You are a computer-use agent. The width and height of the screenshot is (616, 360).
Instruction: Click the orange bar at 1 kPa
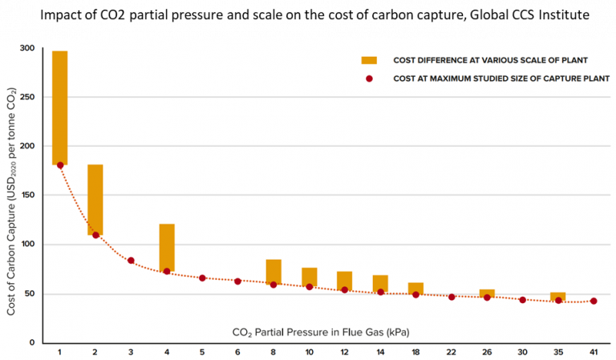pyautogui.click(x=60, y=107)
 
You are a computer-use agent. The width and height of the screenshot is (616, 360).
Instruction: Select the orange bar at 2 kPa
pyautogui.click(x=95, y=199)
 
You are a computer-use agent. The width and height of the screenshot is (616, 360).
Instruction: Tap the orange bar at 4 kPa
pyautogui.click(x=167, y=247)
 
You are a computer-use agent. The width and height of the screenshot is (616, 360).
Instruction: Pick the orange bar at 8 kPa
pyautogui.click(x=274, y=271)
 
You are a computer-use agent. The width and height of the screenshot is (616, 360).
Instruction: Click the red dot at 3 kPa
pyautogui.click(x=131, y=261)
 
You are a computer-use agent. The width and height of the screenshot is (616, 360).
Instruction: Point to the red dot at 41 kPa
pyautogui.click(x=594, y=301)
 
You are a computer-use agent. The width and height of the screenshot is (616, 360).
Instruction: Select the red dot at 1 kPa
pyautogui.click(x=60, y=165)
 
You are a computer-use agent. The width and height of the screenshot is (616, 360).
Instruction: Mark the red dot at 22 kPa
pyautogui.click(x=452, y=297)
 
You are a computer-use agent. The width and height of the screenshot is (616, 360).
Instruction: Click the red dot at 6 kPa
pyautogui.click(x=237, y=281)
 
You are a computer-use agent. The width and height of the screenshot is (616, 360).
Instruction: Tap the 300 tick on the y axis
pyautogui.click(x=28, y=48)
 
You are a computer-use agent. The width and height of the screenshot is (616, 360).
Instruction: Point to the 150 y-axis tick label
pyautogui.click(x=28, y=195)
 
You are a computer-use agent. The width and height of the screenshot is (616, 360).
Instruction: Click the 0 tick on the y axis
pyautogui.click(x=33, y=342)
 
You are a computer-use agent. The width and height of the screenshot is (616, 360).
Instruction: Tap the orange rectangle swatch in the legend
pyautogui.click(x=369, y=60)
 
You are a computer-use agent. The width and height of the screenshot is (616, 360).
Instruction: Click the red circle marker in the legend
pyautogui.click(x=369, y=79)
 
